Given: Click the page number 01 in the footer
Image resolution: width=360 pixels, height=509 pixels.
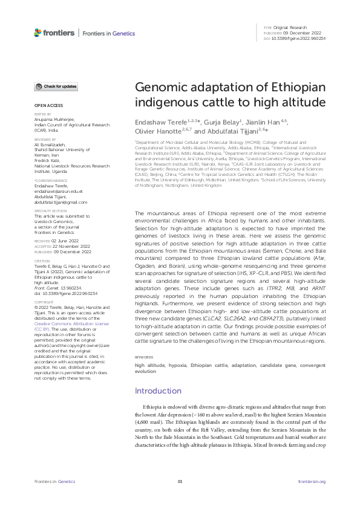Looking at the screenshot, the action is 180,481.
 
